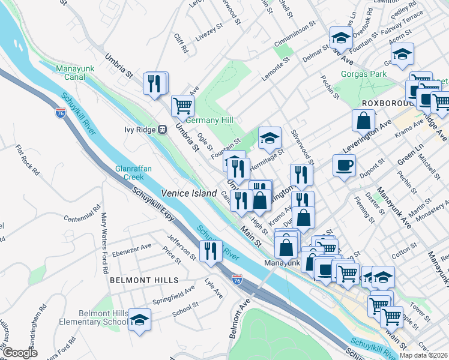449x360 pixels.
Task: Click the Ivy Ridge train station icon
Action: tap(161, 130)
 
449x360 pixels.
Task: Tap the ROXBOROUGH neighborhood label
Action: tap(385, 103)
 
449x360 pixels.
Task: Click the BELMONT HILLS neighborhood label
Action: tap(144, 280)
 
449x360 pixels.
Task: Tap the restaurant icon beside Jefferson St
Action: tap(211, 251)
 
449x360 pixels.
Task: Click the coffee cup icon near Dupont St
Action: tap(344, 165)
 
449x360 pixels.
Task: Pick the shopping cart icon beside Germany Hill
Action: tap(183, 106)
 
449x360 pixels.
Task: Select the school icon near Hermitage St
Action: tap(270, 137)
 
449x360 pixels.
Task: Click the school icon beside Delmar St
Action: tap(341, 37)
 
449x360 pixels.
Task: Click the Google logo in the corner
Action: tap(20, 353)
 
